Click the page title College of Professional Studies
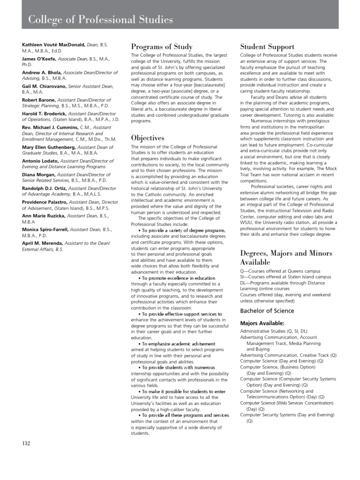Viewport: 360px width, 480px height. (100, 20)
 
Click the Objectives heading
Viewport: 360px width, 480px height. (148, 138)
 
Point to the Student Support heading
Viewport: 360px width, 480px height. (267, 46)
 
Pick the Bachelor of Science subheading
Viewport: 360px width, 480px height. (267, 310)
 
